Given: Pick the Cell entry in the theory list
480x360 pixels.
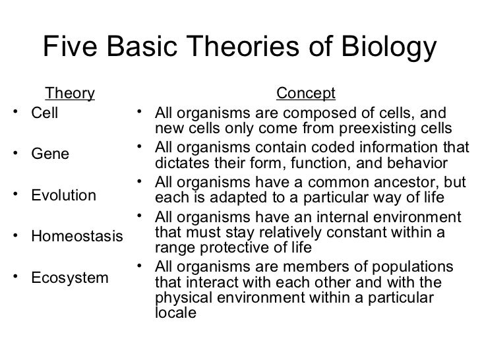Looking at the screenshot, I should point(45,113).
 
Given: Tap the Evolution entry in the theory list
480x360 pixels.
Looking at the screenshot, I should point(63,196).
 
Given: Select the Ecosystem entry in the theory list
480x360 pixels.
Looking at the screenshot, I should point(70,278).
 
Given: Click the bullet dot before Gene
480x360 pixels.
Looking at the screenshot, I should point(16,154).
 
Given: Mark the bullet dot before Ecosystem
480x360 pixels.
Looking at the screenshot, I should point(16,277).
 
